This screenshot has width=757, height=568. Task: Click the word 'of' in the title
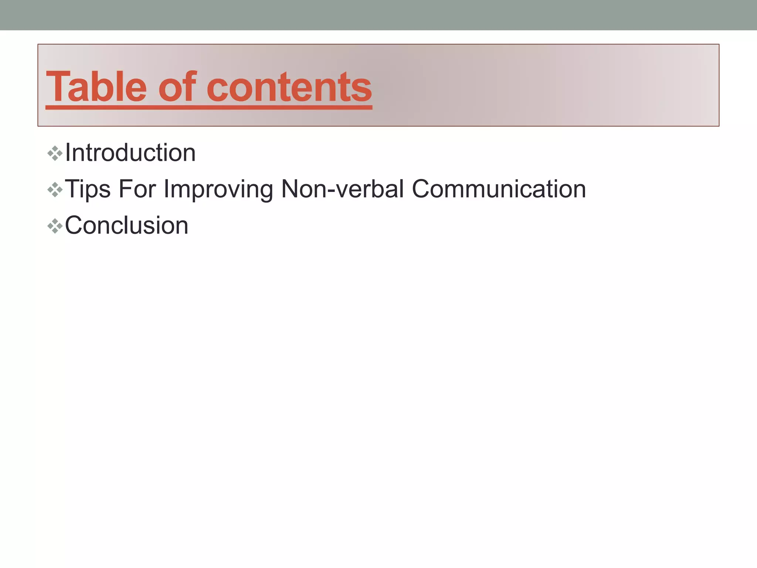pyautogui.click(x=177, y=87)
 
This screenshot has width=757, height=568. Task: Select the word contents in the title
pyautogui.click(x=289, y=88)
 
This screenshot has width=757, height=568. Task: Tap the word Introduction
pyautogui.click(x=130, y=153)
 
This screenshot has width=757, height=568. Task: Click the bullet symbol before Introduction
pyautogui.click(x=55, y=153)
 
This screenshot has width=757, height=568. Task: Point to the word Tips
pyautogui.click(x=88, y=189)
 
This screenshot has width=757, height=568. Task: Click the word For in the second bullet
pyautogui.click(x=137, y=189)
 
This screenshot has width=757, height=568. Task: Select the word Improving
pyautogui.click(x=218, y=189)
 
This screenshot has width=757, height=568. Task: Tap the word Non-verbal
pyautogui.click(x=342, y=189)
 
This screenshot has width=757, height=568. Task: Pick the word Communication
pyautogui.click(x=499, y=189)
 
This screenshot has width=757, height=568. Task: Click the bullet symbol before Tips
pyautogui.click(x=55, y=190)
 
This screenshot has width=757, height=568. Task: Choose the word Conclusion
pyautogui.click(x=126, y=225)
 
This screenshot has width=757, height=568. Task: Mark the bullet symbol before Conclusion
pyautogui.click(x=55, y=226)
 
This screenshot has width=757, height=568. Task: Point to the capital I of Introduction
pyautogui.click(x=68, y=152)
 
